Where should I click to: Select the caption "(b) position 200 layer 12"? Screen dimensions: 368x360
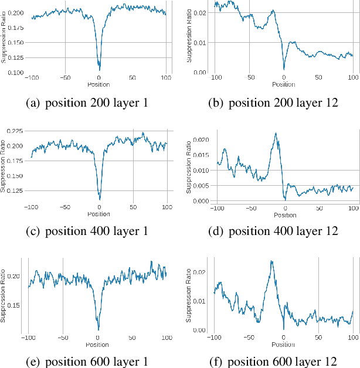point(273,103)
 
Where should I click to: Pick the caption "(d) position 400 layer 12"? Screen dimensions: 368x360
point(273,231)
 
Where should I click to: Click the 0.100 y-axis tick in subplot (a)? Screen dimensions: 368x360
point(16,73)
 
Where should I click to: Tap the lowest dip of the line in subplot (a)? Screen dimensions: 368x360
point(99,70)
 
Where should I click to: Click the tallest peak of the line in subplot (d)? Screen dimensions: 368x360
point(276,133)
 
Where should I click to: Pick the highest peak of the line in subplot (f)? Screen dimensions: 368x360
point(271,261)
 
